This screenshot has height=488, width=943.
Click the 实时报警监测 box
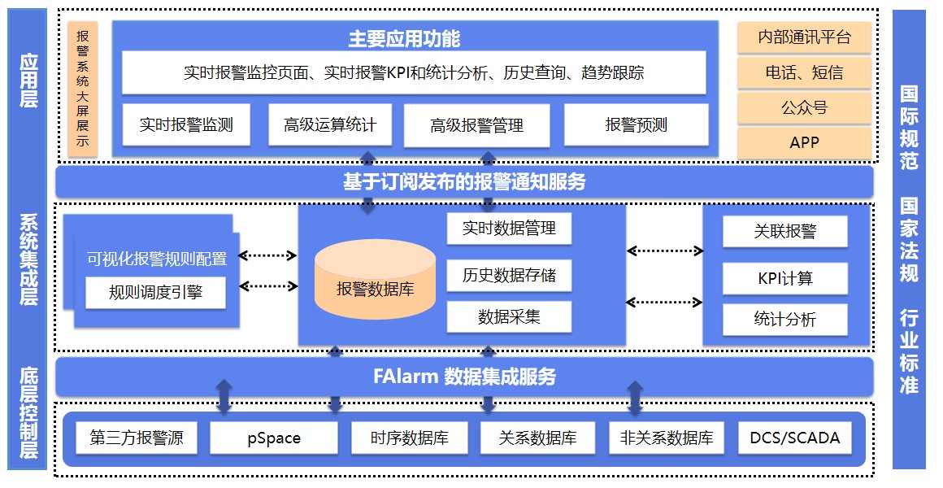pos(186,124)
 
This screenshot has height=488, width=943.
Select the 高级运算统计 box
pos(330,124)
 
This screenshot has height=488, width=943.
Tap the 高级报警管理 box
pos(476,125)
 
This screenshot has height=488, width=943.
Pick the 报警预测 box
pos(636,124)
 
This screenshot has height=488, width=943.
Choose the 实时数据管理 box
pos(509,229)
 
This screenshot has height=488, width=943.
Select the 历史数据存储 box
pos(509,275)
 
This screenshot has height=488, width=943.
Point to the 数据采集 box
pos(509,317)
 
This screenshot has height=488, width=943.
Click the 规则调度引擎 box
pos(155,292)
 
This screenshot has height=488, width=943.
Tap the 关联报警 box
pos(784,232)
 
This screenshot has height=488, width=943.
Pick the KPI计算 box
pos(784,278)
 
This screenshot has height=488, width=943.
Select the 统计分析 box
pos(784,319)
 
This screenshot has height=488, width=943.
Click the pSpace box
pos(274,438)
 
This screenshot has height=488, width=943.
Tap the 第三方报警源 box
pos(137,438)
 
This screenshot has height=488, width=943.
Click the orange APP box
pos(804,142)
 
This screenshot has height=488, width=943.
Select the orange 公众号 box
pos(804,107)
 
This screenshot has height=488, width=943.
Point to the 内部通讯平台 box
pos(804,37)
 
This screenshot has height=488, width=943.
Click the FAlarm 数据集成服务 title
pos(464,377)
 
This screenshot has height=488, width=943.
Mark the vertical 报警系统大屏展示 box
pos(83,89)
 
